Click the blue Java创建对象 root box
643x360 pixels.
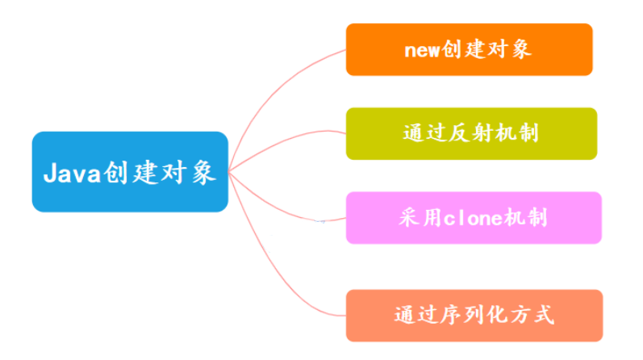coord(130,172)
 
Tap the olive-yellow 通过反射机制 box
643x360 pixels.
coord(471,133)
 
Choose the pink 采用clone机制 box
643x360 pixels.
coord(474,218)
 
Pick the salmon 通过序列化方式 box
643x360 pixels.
coord(474,315)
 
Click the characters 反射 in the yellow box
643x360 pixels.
coord(471,134)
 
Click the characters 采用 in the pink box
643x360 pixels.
coord(421,219)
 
